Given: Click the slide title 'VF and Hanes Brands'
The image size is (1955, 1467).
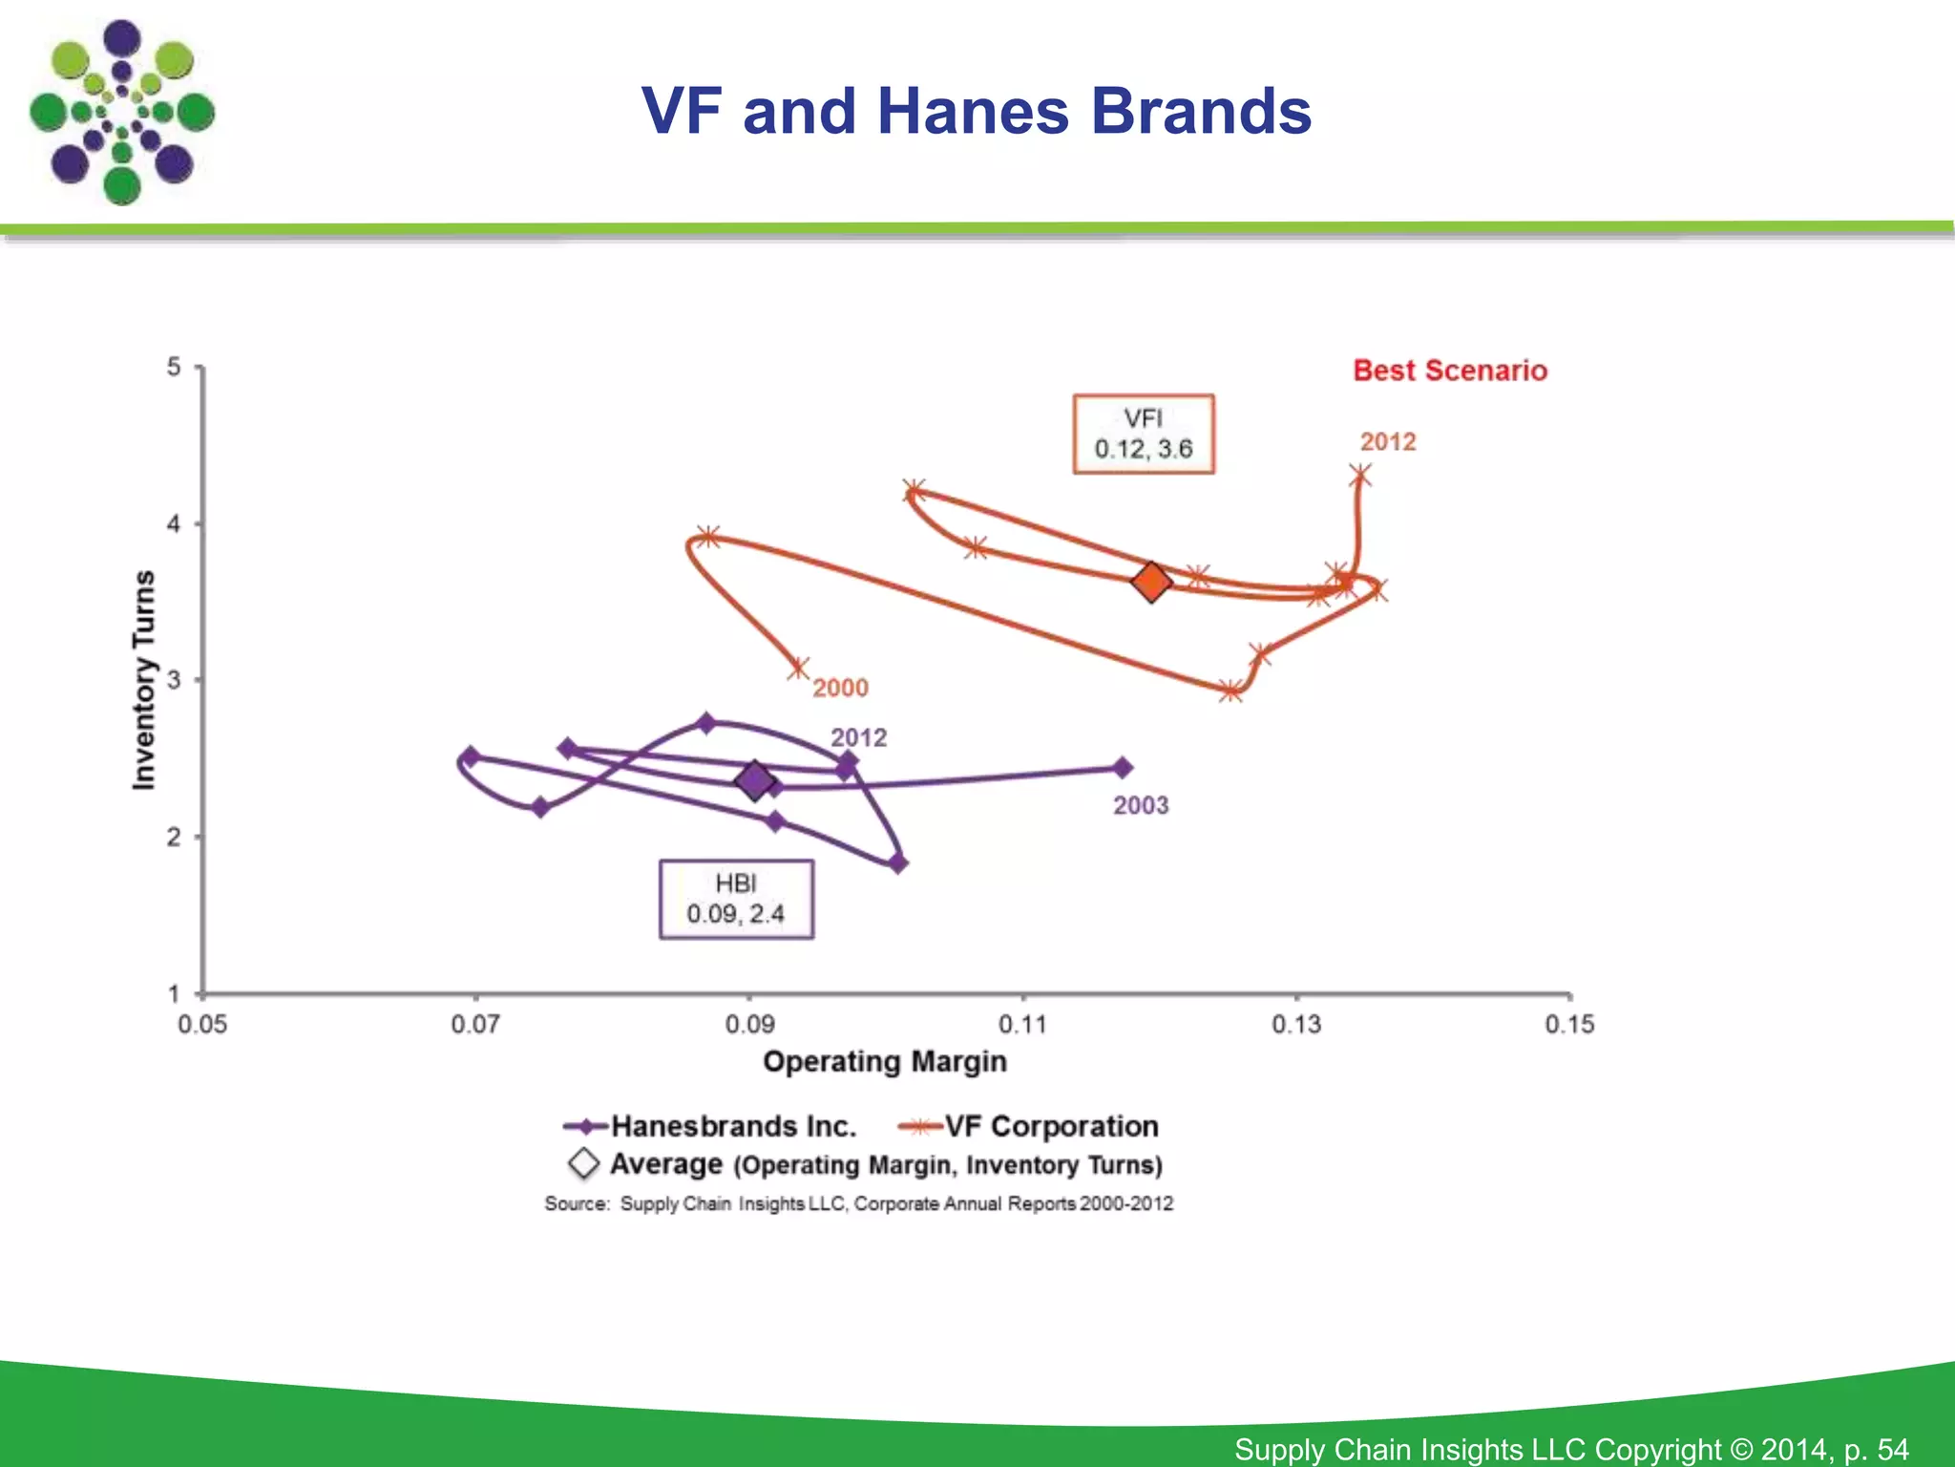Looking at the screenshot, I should [x=976, y=111].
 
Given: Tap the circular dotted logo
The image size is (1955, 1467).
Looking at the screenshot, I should [x=122, y=113].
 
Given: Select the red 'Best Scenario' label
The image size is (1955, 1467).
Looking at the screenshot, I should [x=1449, y=371].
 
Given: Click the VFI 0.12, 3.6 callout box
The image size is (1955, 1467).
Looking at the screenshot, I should [x=1144, y=434].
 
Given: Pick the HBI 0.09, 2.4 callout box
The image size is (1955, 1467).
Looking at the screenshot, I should [x=736, y=900].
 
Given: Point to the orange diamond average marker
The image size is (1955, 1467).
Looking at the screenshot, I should [x=1151, y=581].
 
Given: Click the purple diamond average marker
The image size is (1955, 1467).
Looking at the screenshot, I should [x=754, y=780].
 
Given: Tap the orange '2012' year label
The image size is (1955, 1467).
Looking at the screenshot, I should [x=1388, y=441].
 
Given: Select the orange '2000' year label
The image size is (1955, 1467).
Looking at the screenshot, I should [x=840, y=688].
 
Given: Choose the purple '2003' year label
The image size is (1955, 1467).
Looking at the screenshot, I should [x=1141, y=805].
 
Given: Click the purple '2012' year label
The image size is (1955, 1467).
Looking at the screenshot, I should [x=858, y=737].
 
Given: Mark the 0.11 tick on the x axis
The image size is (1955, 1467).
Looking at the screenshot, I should [x=1022, y=1024].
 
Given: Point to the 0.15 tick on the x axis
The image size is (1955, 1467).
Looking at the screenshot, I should [x=1569, y=1024].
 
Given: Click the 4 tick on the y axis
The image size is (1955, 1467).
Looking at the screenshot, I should [x=174, y=523].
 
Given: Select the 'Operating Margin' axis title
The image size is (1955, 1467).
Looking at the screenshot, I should [x=885, y=1061].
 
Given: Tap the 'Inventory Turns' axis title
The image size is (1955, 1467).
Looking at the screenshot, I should [x=143, y=680].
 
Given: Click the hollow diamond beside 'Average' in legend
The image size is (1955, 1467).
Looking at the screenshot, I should [x=583, y=1163].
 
